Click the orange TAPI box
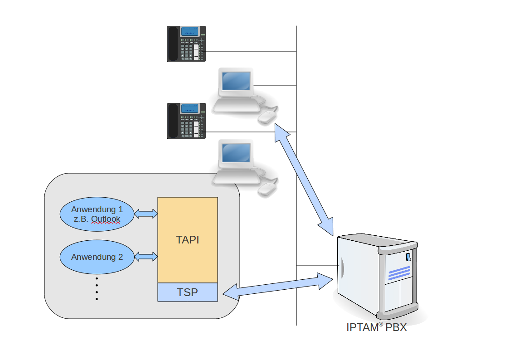pos(187,240)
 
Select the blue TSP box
pos(187,292)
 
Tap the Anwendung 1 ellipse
pos(97,214)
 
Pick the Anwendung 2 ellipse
pos(97,257)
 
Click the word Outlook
pos(106,219)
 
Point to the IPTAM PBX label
pos(376,327)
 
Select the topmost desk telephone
pos(186,44)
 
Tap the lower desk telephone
pos(186,121)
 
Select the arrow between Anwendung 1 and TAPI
pos(146,213)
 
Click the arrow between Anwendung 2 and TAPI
pos(146,257)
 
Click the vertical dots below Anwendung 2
pos(97,288)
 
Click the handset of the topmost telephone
pos(172,44)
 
